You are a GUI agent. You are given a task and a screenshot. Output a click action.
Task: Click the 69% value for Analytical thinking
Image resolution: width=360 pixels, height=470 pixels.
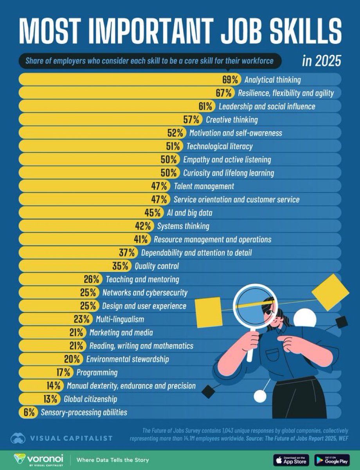pos(230,80)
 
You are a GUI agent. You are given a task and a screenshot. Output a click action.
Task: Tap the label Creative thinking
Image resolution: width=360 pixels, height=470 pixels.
pos(232,120)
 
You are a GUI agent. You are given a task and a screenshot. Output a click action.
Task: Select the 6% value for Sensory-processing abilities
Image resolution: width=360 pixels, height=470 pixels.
pos(29,412)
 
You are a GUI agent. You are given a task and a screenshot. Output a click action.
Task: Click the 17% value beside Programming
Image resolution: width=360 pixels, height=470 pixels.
pos(65,372)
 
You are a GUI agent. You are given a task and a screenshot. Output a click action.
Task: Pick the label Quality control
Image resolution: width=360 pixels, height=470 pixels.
pos(157,266)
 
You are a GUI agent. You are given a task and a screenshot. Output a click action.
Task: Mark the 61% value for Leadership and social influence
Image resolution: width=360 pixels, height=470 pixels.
pos(207,107)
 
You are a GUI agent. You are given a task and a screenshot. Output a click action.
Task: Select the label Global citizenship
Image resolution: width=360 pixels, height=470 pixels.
pos(93,399)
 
